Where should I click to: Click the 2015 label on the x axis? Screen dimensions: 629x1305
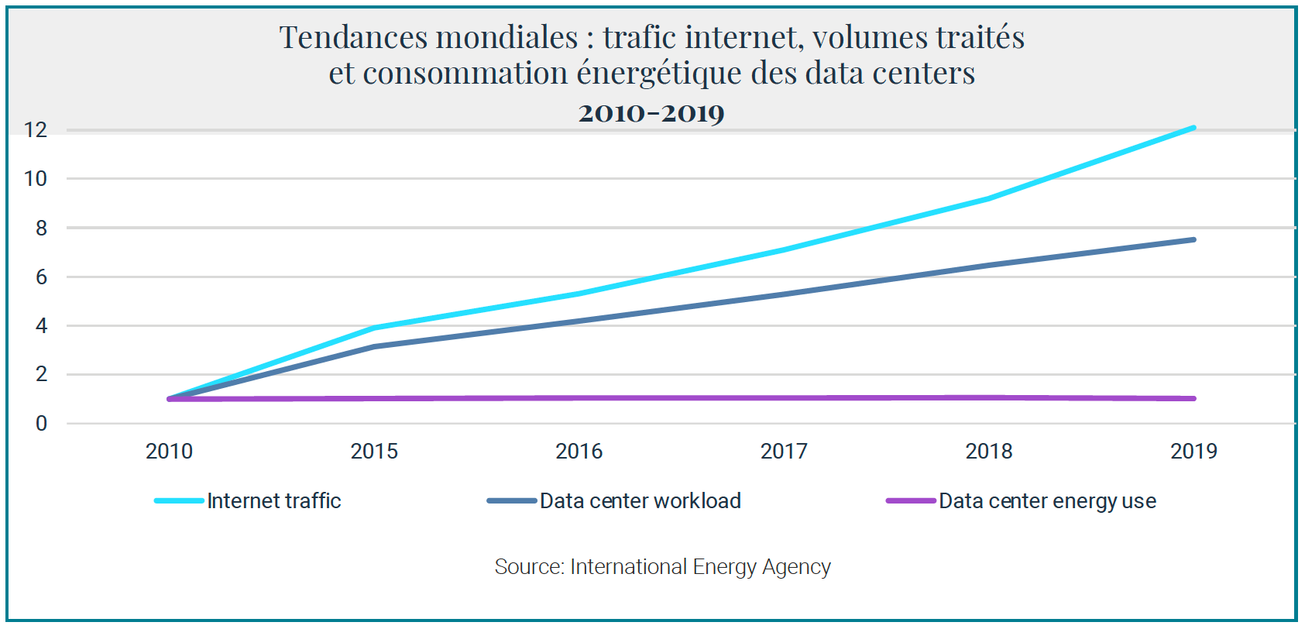pos(374,451)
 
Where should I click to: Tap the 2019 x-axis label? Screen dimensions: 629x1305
pos(1193,451)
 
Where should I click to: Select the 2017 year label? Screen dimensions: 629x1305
pos(784,451)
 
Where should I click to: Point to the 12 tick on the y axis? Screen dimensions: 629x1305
pos(36,130)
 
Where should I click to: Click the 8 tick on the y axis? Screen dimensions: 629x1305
pos(41,228)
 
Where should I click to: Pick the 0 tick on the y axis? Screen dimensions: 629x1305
pos(41,424)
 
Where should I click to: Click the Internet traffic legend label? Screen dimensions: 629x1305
pos(274,501)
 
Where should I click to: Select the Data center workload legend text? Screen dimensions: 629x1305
pos(640,501)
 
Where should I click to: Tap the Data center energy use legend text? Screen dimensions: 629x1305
pos(1047,501)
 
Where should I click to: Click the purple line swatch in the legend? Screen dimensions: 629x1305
pos(911,501)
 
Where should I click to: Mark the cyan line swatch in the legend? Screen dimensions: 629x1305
pos(179,501)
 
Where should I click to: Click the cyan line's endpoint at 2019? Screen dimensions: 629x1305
pos(1193,128)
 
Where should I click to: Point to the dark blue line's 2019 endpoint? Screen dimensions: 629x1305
pos(1193,240)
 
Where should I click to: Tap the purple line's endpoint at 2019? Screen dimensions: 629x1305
pos(1193,399)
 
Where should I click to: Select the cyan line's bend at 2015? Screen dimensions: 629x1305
pos(374,328)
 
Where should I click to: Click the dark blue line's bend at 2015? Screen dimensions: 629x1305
pos(374,346)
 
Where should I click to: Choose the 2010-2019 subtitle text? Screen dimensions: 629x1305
pos(651,113)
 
